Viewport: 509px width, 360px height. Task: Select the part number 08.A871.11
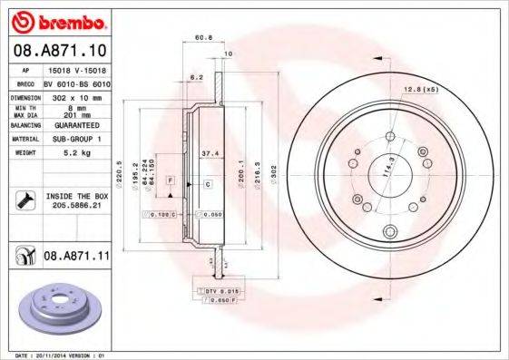(x=74, y=258)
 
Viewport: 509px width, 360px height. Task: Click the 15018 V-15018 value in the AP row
(x=75, y=69)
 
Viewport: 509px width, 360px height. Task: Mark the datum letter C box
(x=207, y=184)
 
